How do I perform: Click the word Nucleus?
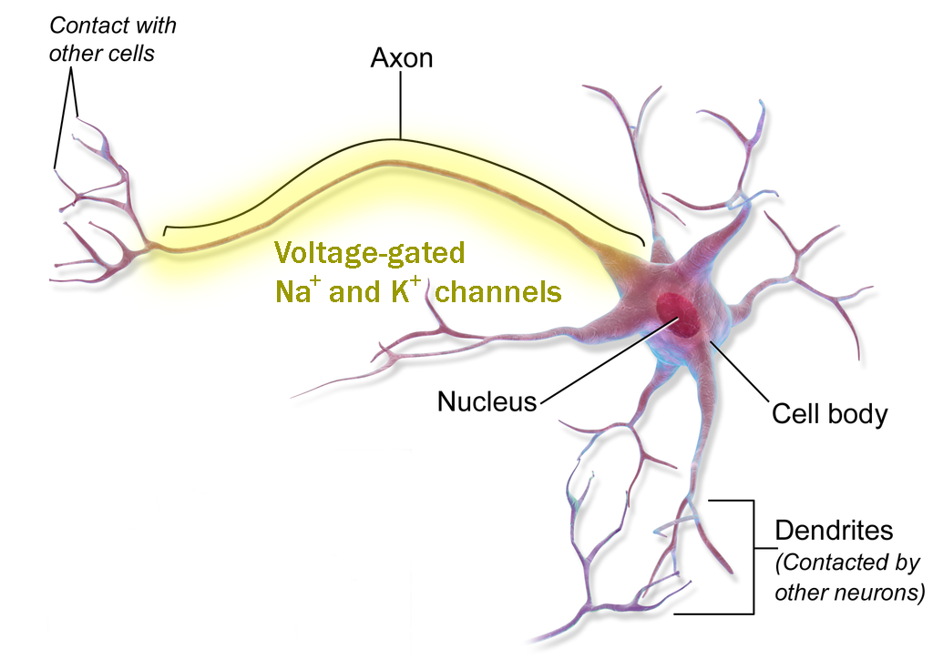point(487,401)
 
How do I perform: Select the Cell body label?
point(829,414)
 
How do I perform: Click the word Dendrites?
point(834,531)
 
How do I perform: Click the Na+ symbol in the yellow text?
point(294,291)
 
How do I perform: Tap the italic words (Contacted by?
point(846,563)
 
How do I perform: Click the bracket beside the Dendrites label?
point(754,555)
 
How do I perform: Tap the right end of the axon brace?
point(642,241)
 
